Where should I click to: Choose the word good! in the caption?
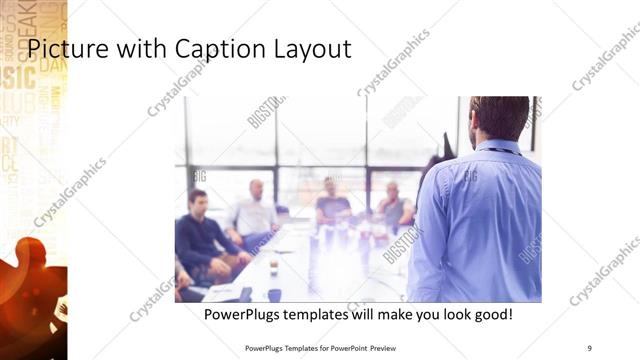tap(489, 314)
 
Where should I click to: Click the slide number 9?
tap(589, 348)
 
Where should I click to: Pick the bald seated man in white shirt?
tap(254, 212)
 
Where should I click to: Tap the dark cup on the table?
tap(273, 268)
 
